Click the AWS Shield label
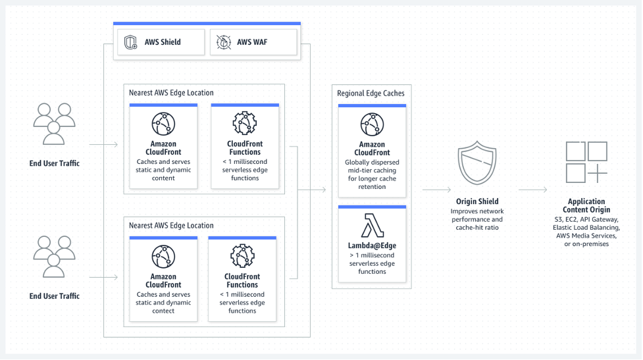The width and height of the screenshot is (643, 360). click(163, 42)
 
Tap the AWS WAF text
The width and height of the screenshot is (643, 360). click(252, 42)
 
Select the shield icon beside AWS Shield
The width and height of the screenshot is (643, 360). click(130, 42)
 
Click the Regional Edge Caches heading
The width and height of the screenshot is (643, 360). click(371, 93)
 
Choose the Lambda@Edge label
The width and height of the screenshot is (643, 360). click(372, 245)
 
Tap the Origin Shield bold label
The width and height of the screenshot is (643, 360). click(478, 201)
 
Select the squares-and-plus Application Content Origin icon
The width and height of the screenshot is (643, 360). click(586, 162)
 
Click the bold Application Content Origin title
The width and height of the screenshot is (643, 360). click(586, 206)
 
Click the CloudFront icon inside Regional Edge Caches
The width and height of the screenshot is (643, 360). click(372, 124)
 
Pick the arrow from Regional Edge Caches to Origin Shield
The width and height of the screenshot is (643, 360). click(436, 190)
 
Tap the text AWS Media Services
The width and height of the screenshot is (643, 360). click(586, 236)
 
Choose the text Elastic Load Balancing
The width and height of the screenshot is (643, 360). click(586, 227)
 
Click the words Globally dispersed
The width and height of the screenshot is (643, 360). click(372, 162)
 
